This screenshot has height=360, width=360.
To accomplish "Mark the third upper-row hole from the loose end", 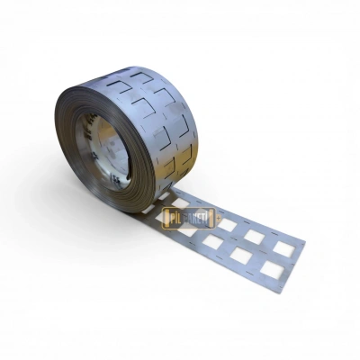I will (227, 223).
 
